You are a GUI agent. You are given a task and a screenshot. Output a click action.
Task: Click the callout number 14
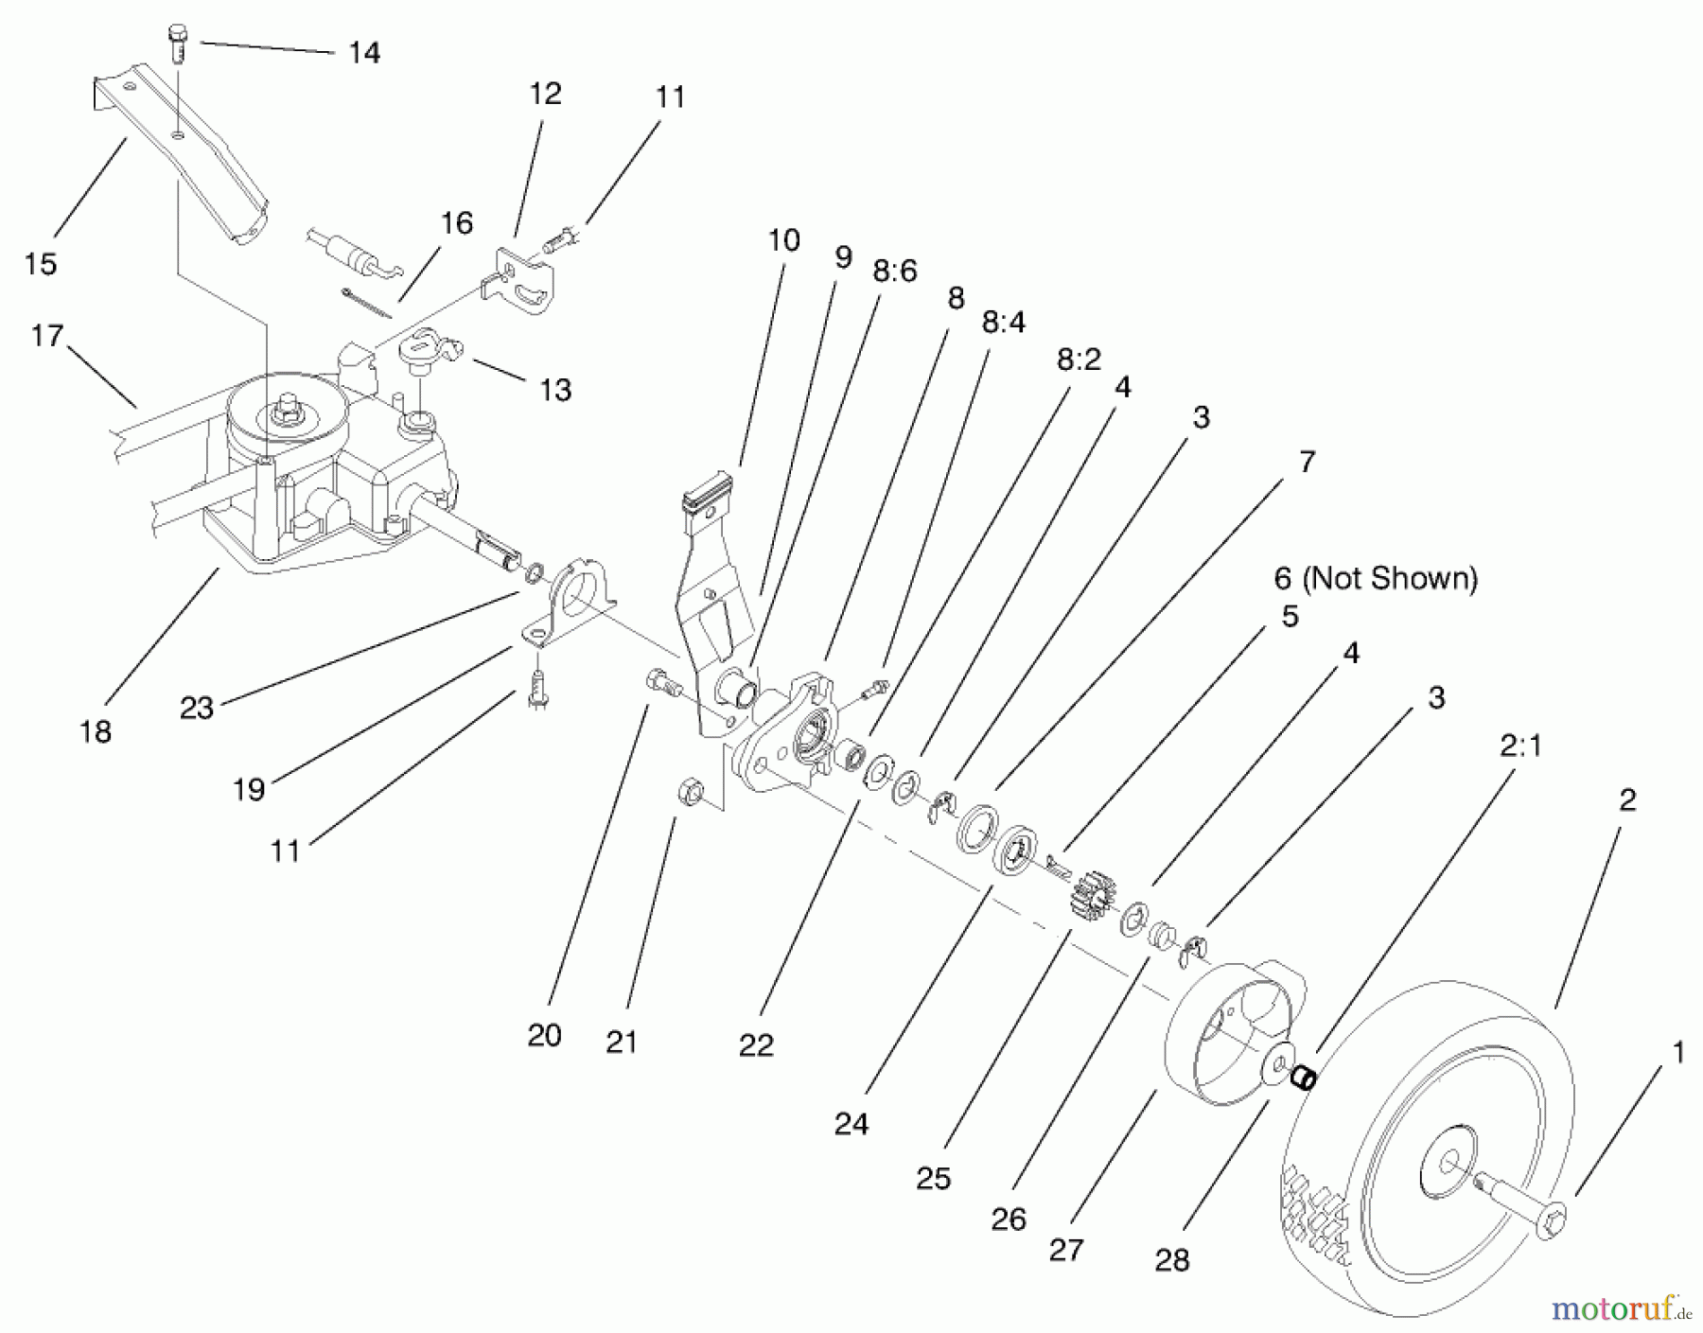[x=364, y=52]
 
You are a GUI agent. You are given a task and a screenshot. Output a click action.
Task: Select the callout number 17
[x=46, y=336]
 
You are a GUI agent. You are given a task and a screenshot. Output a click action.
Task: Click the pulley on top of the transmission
[x=281, y=413]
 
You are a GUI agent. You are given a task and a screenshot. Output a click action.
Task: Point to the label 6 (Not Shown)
[x=1376, y=577]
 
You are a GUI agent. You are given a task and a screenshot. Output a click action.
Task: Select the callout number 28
[x=1172, y=1259]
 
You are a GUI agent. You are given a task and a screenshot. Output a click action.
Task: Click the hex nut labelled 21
[x=690, y=793]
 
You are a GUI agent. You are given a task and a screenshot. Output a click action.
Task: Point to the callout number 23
[x=197, y=707]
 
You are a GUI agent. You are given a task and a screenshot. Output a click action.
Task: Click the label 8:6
[x=895, y=272]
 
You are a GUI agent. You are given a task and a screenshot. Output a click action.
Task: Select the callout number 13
[x=555, y=390]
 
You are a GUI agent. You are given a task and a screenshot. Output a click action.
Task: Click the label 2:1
[x=1521, y=746]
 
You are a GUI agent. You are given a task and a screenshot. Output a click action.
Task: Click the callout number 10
[x=783, y=240]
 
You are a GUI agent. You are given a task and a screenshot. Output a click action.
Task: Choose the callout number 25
[x=933, y=1178]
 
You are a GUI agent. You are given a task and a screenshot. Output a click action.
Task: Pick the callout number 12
[x=546, y=94]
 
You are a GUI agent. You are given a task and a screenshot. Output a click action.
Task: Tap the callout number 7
[x=1307, y=462]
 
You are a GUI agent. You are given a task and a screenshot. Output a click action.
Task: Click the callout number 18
[x=96, y=731]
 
